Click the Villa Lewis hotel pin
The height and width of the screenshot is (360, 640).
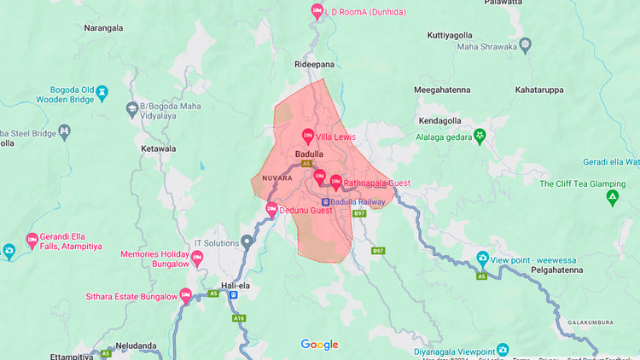tap(308, 136)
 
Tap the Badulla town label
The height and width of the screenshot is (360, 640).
tap(309, 154)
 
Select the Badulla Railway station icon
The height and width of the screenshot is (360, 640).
tap(325, 202)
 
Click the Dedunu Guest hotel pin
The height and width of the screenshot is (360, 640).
tap(271, 209)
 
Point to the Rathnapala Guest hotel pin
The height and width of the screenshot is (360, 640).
tap(335, 183)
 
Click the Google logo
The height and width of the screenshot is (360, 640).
tap(319, 345)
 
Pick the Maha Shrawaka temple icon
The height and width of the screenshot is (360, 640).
tap(525, 44)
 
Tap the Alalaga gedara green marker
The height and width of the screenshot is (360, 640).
tap(480, 135)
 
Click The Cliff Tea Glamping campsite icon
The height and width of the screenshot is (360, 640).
tap(612, 198)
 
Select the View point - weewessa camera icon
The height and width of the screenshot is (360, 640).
tap(482, 258)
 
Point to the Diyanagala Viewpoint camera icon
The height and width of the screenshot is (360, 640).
tap(503, 350)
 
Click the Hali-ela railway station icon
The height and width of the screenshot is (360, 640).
tap(233, 295)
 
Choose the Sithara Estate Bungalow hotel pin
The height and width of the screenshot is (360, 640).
tap(184, 297)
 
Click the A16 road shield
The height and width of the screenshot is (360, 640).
tap(240, 318)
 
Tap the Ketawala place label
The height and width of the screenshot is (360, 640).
tap(158, 148)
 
